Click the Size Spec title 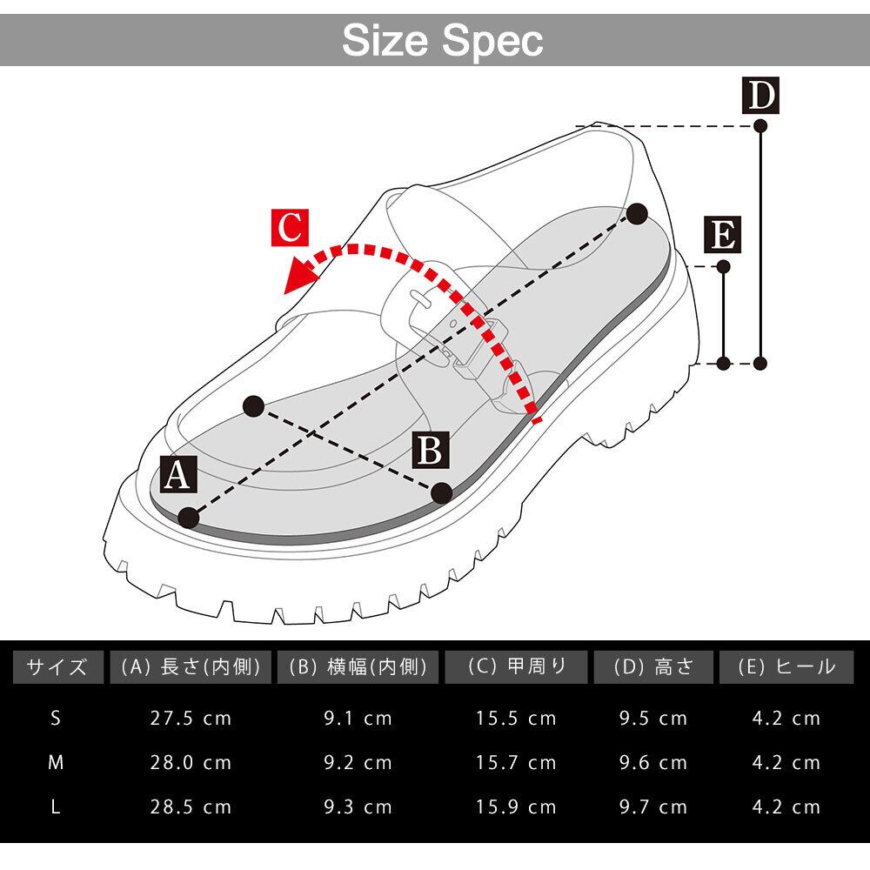(442, 39)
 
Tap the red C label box (289, 228)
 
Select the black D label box (760, 97)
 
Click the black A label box (177, 476)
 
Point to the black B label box (431, 451)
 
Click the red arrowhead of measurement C (298, 278)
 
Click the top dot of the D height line (760, 126)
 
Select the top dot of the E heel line (723, 265)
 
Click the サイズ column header (57, 667)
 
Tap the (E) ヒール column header (786, 667)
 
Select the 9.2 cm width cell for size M (358, 763)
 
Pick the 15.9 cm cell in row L (516, 806)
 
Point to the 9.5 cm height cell (652, 719)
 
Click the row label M (56, 763)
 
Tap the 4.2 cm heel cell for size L (786, 806)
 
